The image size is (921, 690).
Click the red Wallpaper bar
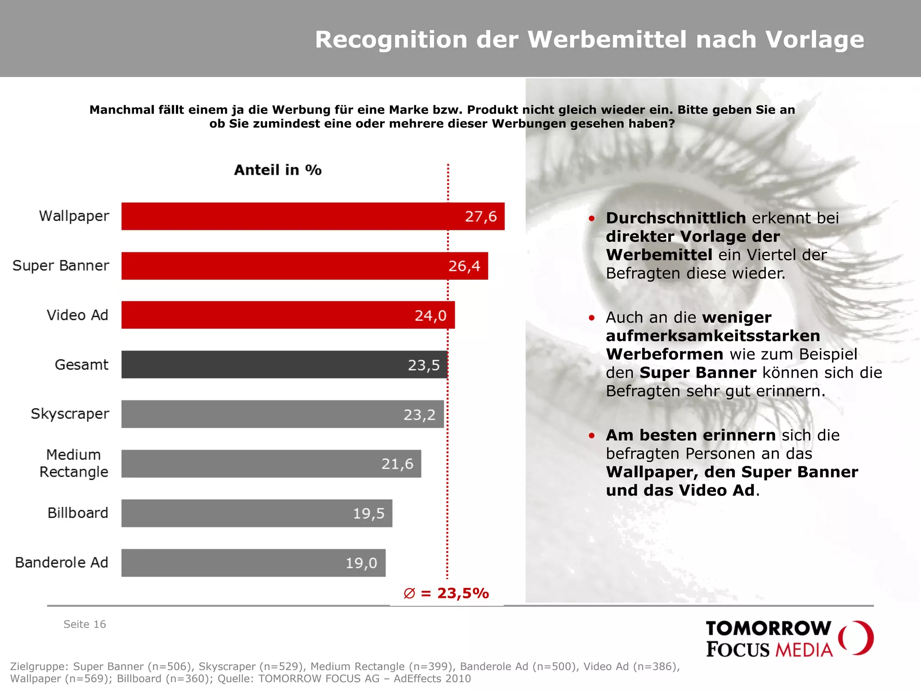[292, 216]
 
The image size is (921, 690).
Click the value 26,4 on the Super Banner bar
[464, 266]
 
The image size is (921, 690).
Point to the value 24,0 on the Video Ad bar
[430, 315]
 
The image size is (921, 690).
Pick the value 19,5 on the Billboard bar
[368, 513]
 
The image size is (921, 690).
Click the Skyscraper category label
[70, 414]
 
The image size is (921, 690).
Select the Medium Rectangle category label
[74, 463]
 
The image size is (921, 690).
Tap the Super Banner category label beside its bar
[61, 265]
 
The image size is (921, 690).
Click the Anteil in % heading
[277, 170]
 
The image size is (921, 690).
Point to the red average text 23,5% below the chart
[462, 593]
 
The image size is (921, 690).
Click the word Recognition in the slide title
[391, 40]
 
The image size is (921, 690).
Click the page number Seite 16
[85, 624]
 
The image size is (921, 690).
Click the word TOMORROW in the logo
[768, 628]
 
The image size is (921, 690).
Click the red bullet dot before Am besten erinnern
[592, 435]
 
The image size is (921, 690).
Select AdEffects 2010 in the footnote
[432, 678]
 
